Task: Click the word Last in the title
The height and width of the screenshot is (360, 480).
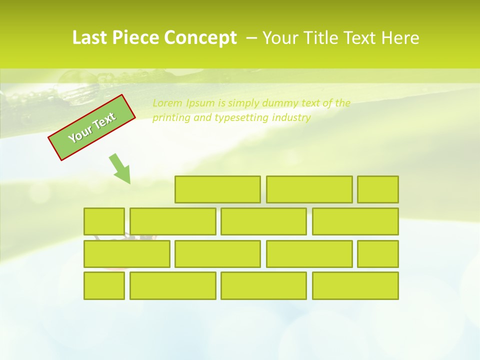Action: point(90,38)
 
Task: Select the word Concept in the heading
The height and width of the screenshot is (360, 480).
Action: point(201,38)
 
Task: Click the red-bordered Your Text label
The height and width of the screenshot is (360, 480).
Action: point(91,127)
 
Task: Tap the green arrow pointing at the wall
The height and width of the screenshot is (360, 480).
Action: point(120,169)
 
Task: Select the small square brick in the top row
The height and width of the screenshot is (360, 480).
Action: point(378,189)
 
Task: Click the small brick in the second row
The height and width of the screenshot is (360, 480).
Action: point(104,221)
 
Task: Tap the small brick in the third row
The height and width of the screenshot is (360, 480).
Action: point(378,254)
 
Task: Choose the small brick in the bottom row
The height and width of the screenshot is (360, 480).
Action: point(104,286)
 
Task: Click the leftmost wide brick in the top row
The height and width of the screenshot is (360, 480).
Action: point(217,189)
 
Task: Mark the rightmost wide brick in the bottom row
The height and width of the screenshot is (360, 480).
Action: point(355,286)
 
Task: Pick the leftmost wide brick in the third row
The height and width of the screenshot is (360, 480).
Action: point(126,254)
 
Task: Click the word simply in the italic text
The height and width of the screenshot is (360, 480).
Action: point(240,103)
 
